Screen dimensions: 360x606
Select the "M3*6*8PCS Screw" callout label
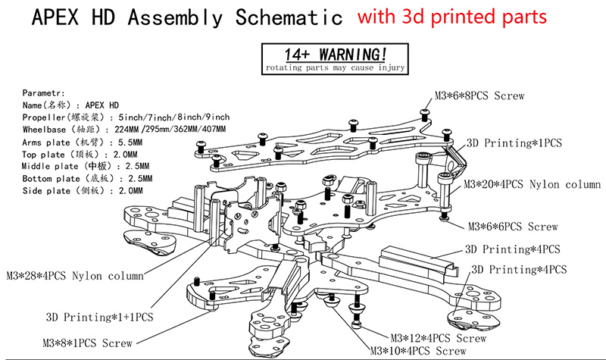tap(479, 96)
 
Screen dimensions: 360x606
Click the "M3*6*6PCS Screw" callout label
tap(513, 226)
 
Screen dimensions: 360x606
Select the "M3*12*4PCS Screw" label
tap(439, 338)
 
